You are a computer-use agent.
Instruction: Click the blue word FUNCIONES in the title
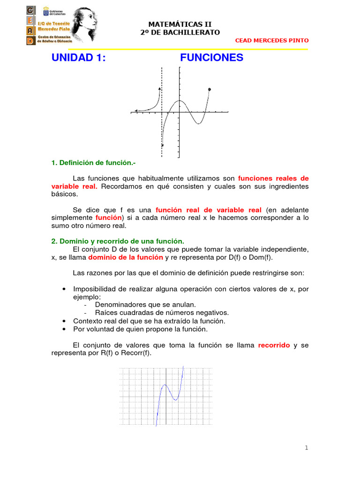click(211, 58)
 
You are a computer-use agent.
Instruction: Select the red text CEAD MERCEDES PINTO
click(272, 40)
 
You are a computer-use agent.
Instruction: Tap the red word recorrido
click(274, 345)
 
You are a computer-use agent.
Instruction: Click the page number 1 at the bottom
click(307, 448)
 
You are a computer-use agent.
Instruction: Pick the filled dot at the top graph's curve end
click(209, 89)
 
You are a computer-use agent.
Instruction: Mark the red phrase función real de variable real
click(209, 210)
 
